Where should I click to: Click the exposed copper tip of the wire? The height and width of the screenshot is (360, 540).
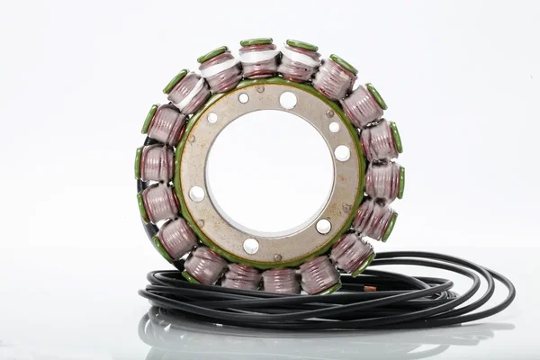click(370, 289)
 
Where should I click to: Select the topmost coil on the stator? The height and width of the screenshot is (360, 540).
click(258, 59)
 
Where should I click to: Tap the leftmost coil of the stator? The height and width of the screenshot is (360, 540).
click(155, 163)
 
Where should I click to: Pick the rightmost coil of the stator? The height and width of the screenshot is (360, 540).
click(384, 180)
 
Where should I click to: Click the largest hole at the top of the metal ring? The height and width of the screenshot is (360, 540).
click(287, 100)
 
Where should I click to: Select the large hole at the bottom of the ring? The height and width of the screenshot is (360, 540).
click(251, 246)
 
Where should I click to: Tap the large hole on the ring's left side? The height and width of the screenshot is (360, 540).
click(197, 193)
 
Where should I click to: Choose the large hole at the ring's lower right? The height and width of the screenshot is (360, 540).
click(323, 226)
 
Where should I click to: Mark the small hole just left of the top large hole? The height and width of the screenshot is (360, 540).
click(243, 98)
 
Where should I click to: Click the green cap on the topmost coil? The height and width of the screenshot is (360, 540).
click(256, 42)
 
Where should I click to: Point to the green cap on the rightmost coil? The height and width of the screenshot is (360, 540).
click(400, 182)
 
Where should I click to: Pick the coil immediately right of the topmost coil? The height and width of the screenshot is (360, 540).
click(298, 61)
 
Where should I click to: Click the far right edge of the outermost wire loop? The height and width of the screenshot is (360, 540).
click(513, 288)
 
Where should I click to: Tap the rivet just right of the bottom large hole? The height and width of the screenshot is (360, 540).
click(277, 256)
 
